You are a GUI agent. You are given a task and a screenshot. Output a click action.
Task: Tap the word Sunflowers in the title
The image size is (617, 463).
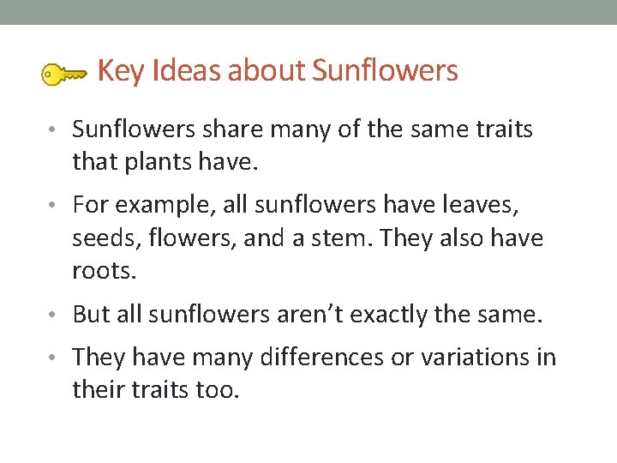(385, 71)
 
